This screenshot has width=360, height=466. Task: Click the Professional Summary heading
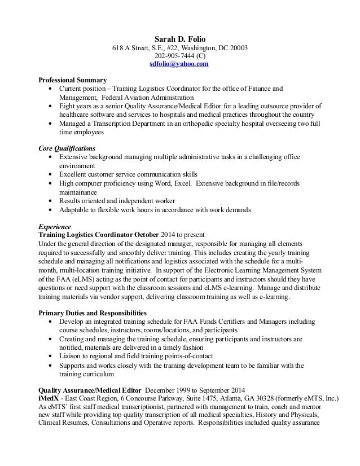point(72,80)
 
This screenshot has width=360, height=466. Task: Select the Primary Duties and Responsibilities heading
point(92,313)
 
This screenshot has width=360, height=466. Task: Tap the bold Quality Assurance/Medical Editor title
point(90,390)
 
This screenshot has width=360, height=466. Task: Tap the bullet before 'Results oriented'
point(52,201)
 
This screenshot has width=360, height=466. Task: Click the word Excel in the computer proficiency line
point(181,184)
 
